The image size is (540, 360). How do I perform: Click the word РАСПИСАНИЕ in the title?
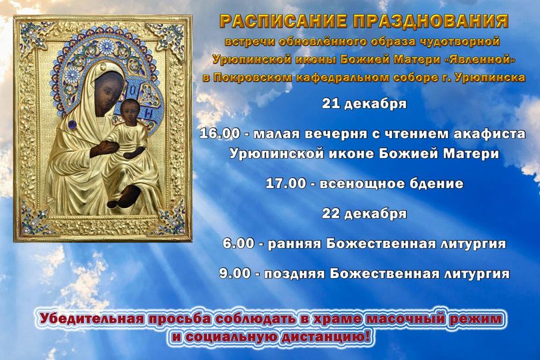(283, 21)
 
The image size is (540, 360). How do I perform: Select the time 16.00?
(220, 133)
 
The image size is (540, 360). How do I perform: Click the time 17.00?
(286, 183)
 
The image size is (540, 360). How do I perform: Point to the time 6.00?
(238, 244)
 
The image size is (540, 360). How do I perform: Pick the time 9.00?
(235, 274)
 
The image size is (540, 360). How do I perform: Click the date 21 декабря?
(365, 104)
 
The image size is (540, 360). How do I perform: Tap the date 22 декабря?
(365, 213)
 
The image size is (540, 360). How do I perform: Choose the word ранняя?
(295, 244)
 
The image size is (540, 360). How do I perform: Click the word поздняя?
(295, 274)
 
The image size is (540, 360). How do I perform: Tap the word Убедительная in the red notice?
(92, 319)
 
